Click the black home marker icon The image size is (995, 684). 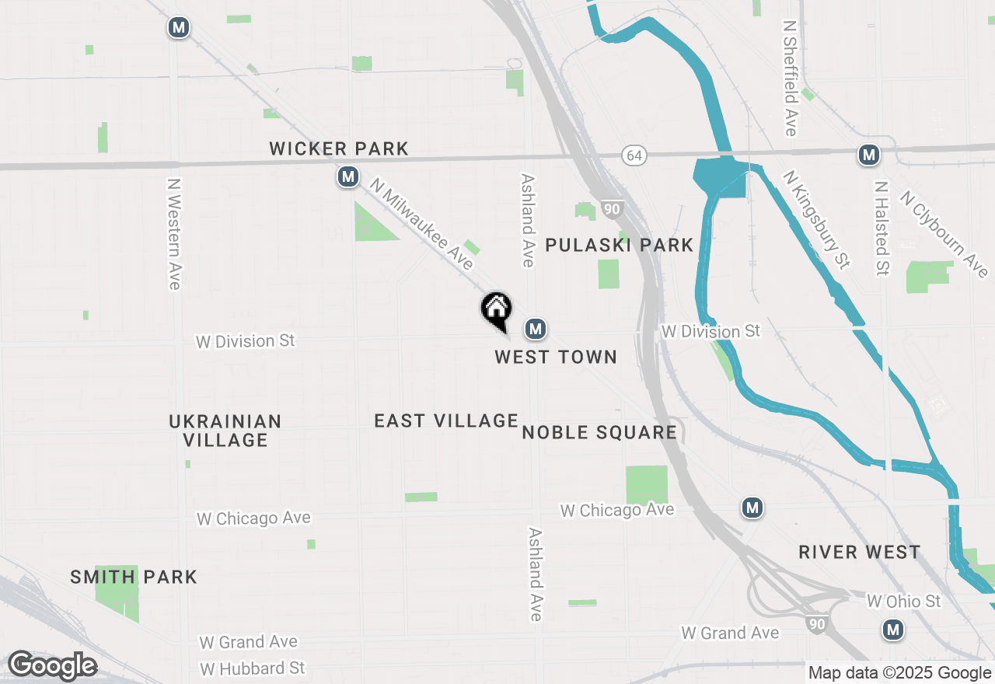(496, 309)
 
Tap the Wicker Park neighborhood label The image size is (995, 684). (339, 148)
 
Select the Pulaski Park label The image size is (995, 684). (619, 246)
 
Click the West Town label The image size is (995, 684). (556, 357)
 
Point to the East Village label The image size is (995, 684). (446, 421)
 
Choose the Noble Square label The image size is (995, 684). (599, 432)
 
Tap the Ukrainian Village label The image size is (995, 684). (225, 431)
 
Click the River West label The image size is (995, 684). (860, 552)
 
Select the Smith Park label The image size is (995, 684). (134, 577)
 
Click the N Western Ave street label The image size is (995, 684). (174, 234)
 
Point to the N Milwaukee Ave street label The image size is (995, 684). (421, 225)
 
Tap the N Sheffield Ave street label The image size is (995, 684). (791, 78)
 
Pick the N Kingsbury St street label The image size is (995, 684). (815, 220)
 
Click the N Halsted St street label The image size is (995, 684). (882, 229)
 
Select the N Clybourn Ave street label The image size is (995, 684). (944, 234)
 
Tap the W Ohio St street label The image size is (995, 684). (903, 602)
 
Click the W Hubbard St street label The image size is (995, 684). (253, 668)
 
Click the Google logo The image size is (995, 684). (52, 665)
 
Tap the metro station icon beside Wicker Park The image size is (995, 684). (348, 178)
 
